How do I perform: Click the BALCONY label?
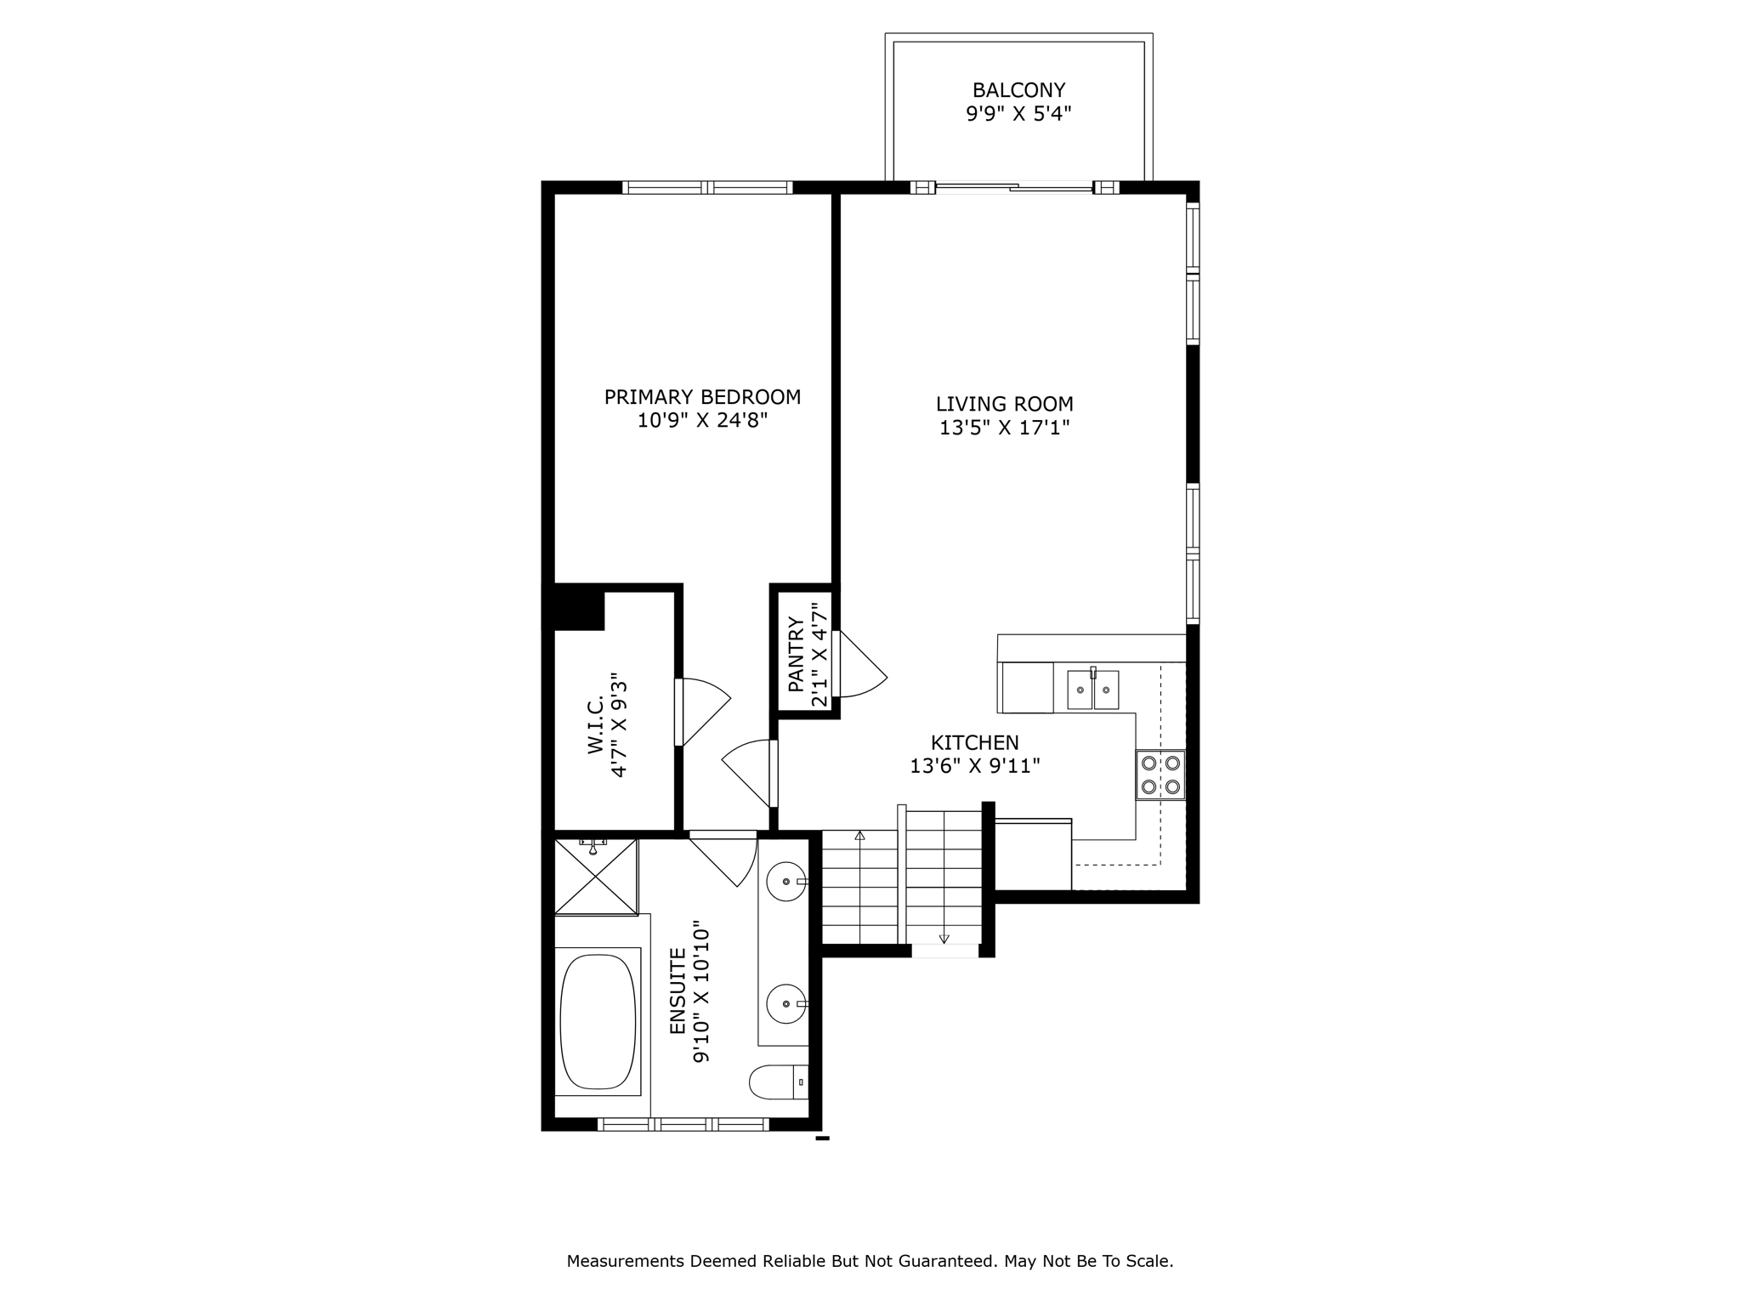1018,90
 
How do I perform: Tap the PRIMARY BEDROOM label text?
702,397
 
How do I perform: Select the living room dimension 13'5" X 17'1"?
1004,428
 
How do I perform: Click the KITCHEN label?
975,743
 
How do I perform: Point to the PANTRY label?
797,654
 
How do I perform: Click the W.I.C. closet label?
595,724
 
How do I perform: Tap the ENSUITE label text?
678,991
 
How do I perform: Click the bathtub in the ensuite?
598,1021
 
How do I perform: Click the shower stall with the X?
596,877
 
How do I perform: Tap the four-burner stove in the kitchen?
1160,775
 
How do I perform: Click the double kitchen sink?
1093,690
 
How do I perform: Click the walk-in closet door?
703,712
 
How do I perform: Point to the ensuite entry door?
723,859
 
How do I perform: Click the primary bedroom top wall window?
707,187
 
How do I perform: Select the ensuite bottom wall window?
683,1124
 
